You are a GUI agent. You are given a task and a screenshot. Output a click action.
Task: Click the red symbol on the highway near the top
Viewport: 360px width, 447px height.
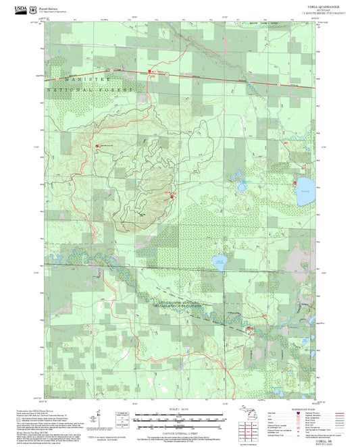pyautogui.click(x=149, y=71)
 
